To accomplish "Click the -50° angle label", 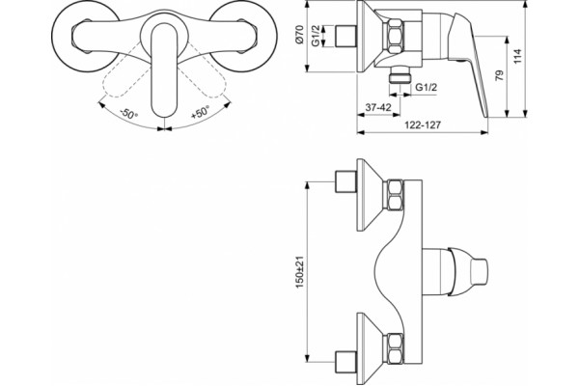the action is click(128, 114).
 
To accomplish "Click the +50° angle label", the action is click(200, 112).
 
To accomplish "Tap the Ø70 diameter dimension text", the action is click(299, 35).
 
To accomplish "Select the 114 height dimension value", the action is click(517, 57).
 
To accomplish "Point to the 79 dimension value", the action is click(499, 75).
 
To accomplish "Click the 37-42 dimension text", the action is click(378, 107).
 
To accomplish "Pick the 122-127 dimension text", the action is click(423, 124).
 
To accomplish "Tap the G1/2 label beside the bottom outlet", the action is click(427, 87).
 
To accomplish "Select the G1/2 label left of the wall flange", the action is click(316, 37).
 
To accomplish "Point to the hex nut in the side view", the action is click(394, 37).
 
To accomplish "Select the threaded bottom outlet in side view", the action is click(400, 75).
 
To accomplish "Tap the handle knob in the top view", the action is click(468, 272).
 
